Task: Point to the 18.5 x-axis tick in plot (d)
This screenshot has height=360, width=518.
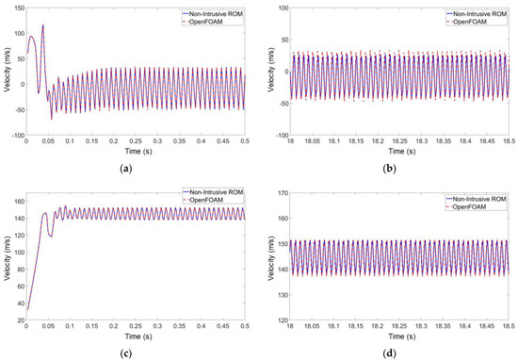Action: (510, 321)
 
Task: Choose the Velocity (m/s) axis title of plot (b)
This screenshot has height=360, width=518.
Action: (263, 72)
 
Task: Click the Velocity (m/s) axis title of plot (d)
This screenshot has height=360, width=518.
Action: (263, 252)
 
